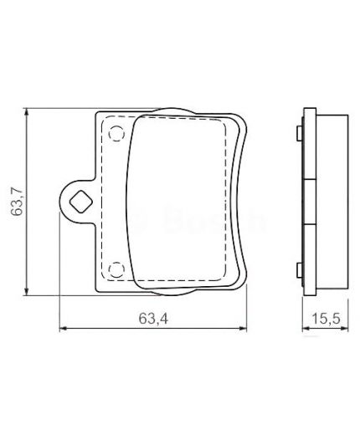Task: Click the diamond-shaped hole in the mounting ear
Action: pyautogui.click(x=80, y=200)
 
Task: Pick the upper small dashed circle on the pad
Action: pyautogui.click(x=116, y=130)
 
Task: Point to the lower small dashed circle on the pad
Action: pyautogui.click(x=116, y=269)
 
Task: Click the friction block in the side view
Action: pyautogui.click(x=330, y=201)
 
